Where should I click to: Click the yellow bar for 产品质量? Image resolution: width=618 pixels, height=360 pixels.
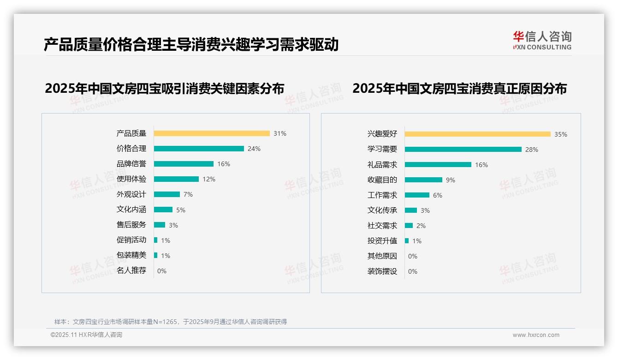[212, 133]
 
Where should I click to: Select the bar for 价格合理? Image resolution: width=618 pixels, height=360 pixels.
[199, 149]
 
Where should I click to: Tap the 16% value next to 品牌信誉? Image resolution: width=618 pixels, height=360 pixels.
[224, 164]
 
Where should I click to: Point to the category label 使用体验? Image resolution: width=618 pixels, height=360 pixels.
[131, 179]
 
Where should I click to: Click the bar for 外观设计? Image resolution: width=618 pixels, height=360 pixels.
[167, 194]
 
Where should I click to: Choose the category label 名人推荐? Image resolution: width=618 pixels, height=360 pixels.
[131, 270]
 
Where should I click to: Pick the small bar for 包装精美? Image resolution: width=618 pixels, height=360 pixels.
[156, 255]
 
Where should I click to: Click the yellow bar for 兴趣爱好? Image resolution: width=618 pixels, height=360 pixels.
[477, 134]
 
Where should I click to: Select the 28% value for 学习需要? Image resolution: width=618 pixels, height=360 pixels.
[532, 150]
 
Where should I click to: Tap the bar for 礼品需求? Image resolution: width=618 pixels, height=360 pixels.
[438, 165]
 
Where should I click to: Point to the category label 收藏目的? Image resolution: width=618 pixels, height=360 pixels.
[382, 180]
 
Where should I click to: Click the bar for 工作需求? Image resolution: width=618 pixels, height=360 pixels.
[417, 195]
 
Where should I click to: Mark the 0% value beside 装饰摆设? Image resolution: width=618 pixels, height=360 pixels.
[413, 271]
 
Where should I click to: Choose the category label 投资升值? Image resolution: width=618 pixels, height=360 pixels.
[382, 241]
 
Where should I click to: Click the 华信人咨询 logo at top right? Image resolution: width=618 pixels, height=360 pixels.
[542, 40]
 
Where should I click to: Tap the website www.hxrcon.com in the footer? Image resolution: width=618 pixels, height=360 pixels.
[536, 335]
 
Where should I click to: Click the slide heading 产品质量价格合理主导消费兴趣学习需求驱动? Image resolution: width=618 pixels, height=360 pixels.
[191, 44]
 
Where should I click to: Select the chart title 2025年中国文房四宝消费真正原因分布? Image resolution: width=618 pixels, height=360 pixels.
[459, 89]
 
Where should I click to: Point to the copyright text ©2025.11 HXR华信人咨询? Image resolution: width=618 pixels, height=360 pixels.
[86, 335]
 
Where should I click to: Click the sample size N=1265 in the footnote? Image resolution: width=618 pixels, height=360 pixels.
[166, 322]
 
